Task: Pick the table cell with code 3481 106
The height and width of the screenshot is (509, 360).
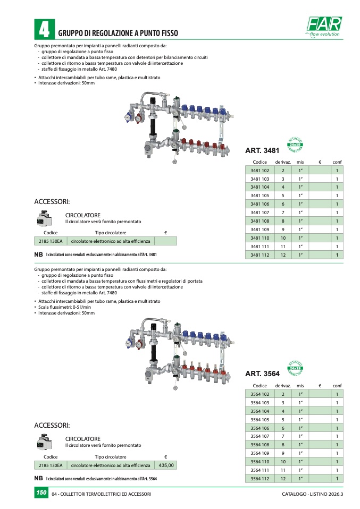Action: pyautogui.click(x=260, y=204)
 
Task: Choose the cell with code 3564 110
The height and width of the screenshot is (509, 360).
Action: pyautogui.click(x=260, y=461)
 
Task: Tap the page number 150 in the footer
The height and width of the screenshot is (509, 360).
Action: pyautogui.click(x=41, y=494)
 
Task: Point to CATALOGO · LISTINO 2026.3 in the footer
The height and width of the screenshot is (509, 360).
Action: pyautogui.click(x=313, y=495)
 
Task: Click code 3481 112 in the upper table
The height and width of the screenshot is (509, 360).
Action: pyautogui.click(x=260, y=255)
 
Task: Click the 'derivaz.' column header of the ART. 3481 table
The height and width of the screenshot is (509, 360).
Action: pyautogui.click(x=283, y=162)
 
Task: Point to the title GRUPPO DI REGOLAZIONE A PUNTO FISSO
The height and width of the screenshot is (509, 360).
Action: pyautogui.click(x=118, y=33)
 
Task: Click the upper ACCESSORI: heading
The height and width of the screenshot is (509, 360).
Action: pyautogui.click(x=52, y=202)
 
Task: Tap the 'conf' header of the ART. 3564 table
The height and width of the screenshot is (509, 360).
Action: pyautogui.click(x=337, y=385)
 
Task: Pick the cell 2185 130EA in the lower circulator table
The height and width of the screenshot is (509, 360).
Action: pyautogui.click(x=51, y=465)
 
